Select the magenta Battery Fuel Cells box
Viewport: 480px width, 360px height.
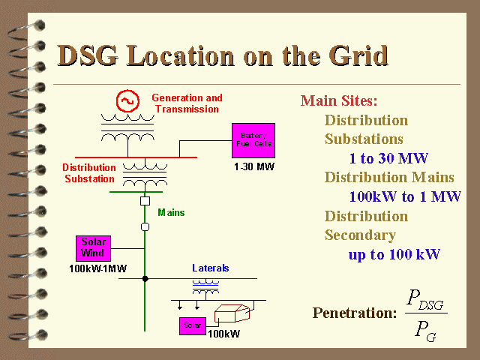point(253,140)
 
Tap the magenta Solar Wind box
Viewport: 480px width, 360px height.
point(93,248)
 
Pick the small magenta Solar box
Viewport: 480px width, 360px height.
point(193,326)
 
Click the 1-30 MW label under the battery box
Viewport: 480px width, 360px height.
point(254,166)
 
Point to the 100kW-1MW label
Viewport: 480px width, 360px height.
point(98,268)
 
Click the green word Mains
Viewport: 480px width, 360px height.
point(171,212)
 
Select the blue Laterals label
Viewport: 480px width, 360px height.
point(210,268)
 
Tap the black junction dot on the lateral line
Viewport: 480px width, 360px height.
point(145,278)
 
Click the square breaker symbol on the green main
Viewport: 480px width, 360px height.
point(145,201)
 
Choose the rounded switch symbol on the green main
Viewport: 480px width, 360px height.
point(145,226)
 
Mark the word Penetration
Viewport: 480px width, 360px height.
point(355,313)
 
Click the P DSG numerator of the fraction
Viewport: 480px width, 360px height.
point(425,299)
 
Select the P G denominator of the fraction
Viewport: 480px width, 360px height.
point(425,331)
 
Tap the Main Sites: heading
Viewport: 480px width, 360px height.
point(339,100)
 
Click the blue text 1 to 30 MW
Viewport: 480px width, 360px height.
point(388,158)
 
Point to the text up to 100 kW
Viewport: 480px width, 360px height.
point(394,255)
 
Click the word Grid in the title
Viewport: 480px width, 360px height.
point(358,55)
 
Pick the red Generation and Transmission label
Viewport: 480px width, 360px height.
point(187,103)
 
